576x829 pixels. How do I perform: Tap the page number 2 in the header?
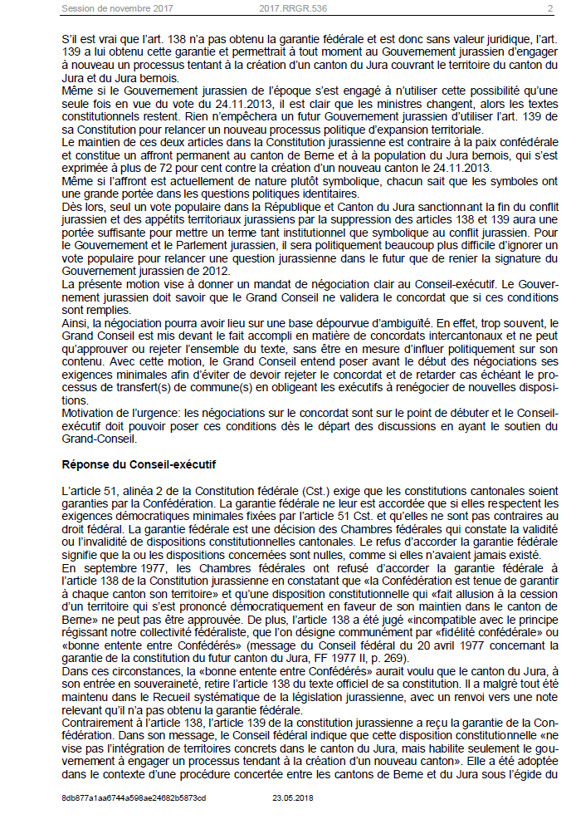[x=549, y=10]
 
